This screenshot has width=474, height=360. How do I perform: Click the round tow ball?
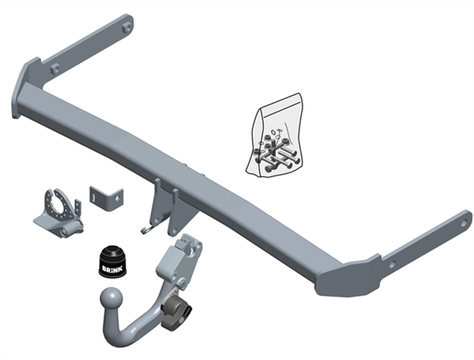pyautogui.click(x=111, y=298)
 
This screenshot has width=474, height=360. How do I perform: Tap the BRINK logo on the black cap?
pyautogui.click(x=112, y=268)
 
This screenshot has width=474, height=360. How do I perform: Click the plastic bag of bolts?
pyautogui.click(x=275, y=135)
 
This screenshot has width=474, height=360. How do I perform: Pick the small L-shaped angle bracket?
pyautogui.click(x=106, y=197)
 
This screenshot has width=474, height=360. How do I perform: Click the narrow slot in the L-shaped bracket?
pyautogui.click(x=94, y=197)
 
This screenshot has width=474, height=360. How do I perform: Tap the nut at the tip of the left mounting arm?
pyautogui.click(x=127, y=28)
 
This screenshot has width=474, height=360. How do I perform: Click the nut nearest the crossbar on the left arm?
pyautogui.click(x=55, y=69)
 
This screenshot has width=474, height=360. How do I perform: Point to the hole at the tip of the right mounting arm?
pyautogui.click(x=464, y=223)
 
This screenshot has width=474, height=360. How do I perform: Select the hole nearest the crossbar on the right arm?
pyautogui.click(x=392, y=264)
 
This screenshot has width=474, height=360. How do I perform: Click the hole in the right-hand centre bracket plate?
pyautogui.click(x=173, y=231)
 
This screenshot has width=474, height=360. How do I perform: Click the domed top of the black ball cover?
pyautogui.click(x=112, y=251)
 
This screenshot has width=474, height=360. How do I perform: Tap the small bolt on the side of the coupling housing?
pyautogui.click(x=182, y=283)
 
